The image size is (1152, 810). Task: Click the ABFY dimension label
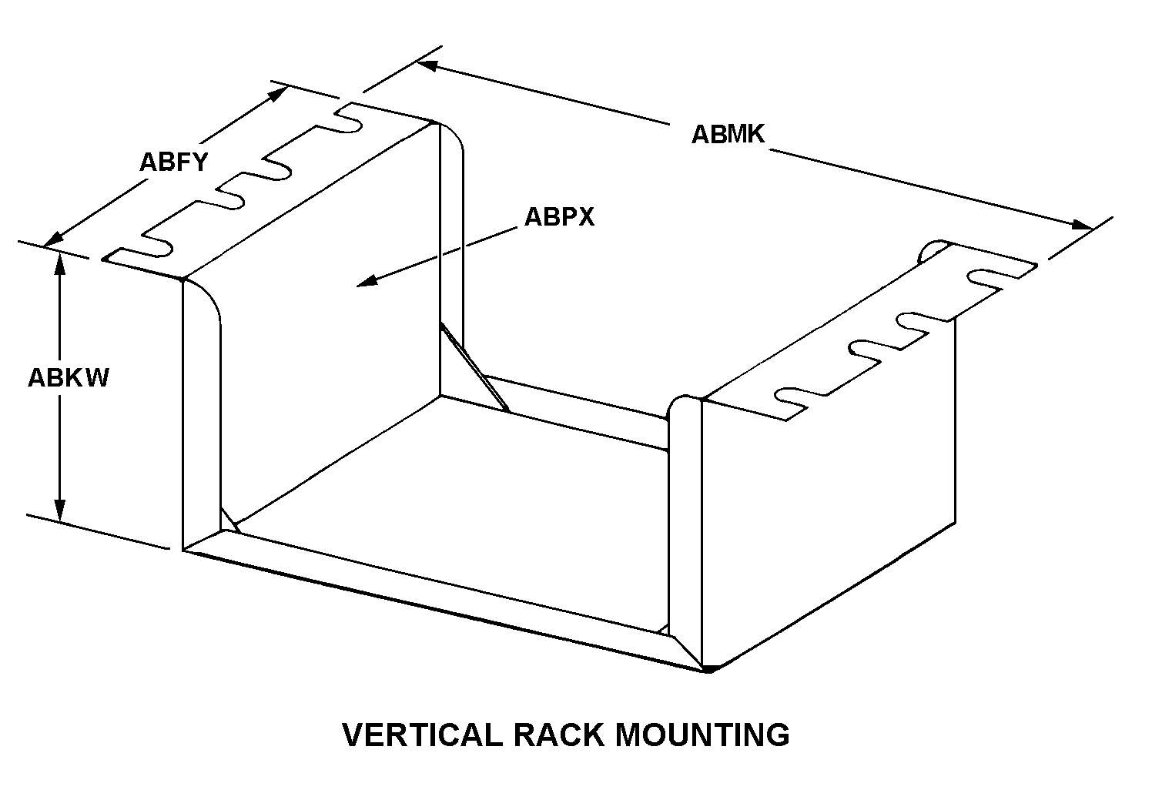173,162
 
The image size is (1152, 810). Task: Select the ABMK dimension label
728,134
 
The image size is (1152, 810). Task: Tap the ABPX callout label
559,217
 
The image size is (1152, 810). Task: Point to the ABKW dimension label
69,378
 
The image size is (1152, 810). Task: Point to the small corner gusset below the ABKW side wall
229,520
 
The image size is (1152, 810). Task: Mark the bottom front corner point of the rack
708,669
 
